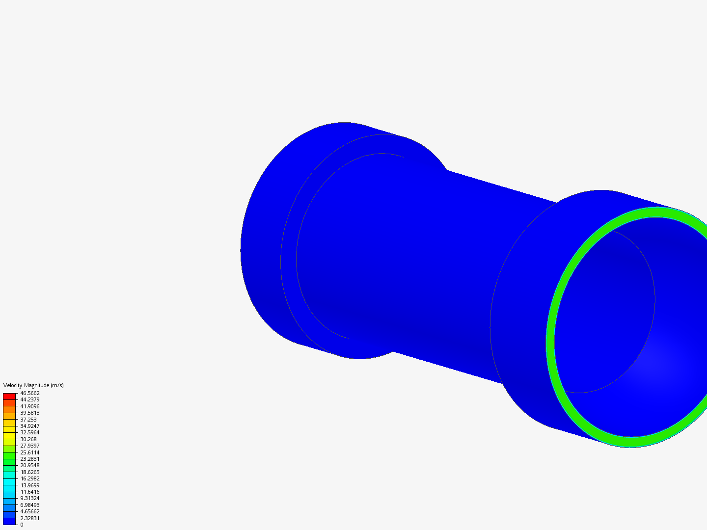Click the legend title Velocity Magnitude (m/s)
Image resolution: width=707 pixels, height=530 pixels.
pos(33,385)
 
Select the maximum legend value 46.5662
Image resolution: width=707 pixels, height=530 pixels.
pos(30,393)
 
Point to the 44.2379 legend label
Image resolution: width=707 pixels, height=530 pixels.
pos(30,399)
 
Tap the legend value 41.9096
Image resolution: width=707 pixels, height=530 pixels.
pos(30,406)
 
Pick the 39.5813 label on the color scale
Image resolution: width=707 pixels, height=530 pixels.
pos(30,413)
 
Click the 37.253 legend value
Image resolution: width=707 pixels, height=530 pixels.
pos(28,420)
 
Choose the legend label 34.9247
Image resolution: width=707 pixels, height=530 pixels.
pos(30,426)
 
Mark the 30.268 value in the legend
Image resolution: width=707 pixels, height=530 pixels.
pos(28,439)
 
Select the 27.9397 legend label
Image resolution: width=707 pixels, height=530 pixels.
pos(30,446)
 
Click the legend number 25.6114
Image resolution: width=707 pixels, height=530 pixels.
pos(30,452)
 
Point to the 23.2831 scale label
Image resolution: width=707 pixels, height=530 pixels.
pos(30,459)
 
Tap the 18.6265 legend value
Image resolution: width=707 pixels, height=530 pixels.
pos(30,472)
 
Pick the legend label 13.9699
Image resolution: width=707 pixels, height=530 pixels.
pos(30,485)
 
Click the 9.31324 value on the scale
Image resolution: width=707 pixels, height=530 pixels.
pos(30,498)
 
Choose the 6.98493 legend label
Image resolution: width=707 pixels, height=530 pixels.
pos(30,505)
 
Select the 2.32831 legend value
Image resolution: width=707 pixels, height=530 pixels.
pos(30,518)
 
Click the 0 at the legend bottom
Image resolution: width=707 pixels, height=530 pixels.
pos(22,525)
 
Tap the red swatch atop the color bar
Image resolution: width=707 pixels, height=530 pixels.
pos(9,396)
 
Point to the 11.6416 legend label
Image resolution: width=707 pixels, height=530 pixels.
pos(30,492)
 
